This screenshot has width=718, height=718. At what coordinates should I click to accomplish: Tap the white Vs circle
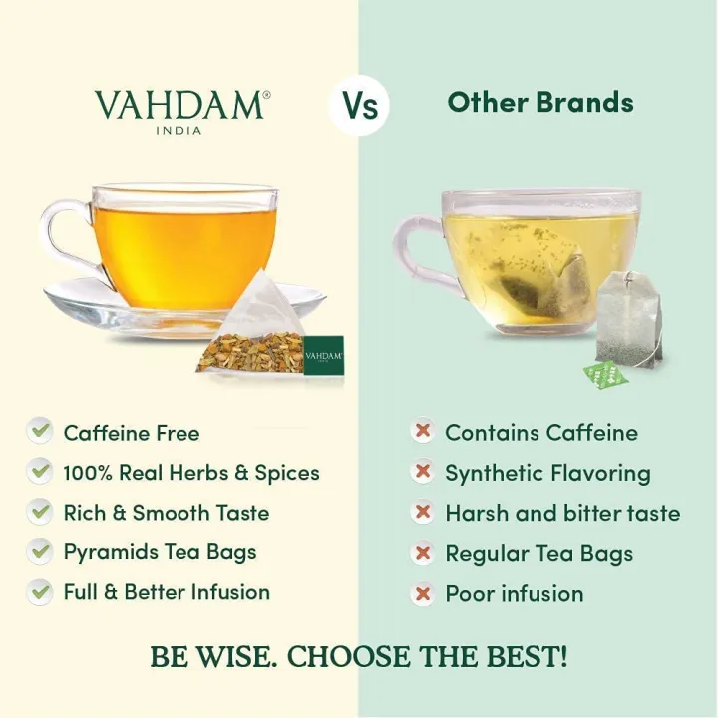[359, 105]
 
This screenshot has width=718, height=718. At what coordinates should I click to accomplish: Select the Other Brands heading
[540, 102]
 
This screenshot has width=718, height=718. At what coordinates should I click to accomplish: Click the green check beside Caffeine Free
[40, 431]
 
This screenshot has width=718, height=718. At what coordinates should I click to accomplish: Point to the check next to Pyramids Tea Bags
[40, 550]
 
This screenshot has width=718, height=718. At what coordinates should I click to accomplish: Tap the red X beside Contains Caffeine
[423, 432]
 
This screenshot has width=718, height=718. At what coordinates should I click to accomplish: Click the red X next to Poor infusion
[423, 593]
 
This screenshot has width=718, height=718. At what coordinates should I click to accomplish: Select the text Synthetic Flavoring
[547, 473]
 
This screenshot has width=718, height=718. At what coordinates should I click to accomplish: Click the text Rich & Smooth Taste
[167, 513]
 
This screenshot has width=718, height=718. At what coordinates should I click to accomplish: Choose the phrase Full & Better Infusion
[167, 592]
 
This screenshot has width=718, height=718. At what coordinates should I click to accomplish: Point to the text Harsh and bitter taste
[562, 514]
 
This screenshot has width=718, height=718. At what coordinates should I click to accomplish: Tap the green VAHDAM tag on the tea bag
[323, 354]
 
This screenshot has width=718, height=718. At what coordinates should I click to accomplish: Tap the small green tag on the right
[602, 375]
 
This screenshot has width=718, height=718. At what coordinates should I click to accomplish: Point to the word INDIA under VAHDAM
[179, 130]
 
